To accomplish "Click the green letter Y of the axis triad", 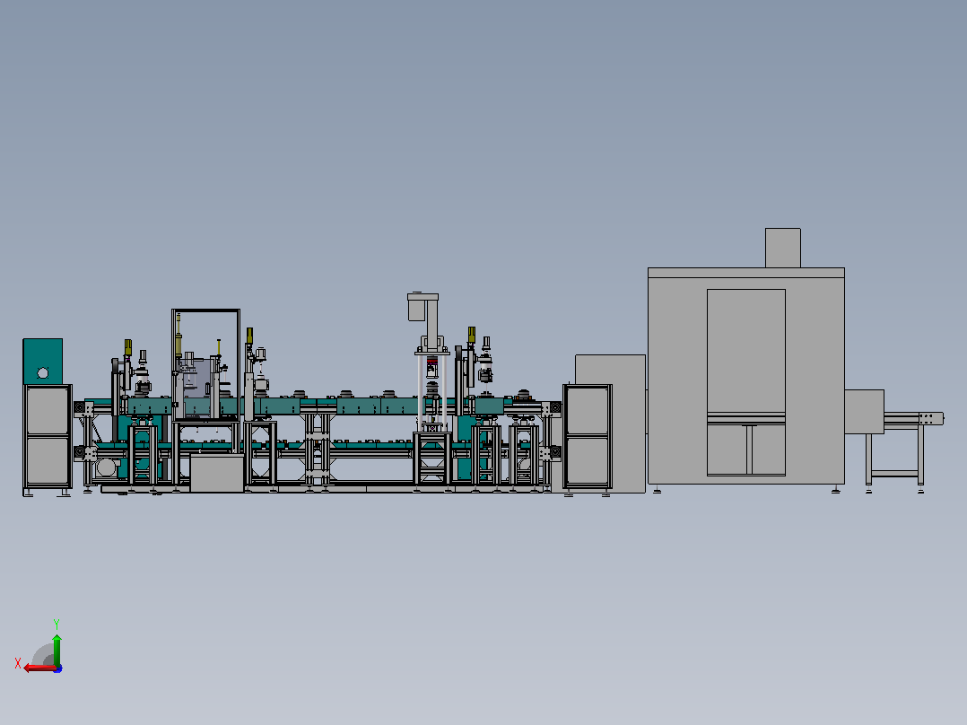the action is (x=57, y=625).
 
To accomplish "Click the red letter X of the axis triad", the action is (x=18, y=663).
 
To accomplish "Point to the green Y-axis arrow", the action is (x=57, y=650).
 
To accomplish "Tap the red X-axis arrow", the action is (x=40, y=668).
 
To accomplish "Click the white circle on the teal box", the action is (x=42, y=372).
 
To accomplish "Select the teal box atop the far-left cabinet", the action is (x=42, y=361).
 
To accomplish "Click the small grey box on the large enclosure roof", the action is (x=782, y=248).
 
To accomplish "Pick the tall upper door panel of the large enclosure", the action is (x=745, y=351).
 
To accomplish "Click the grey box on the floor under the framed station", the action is (x=216, y=473).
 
